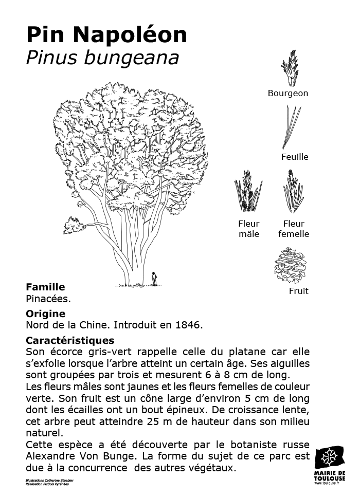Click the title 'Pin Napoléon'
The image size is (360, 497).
coord(106,34)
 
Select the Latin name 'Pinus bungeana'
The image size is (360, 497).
coord(102,58)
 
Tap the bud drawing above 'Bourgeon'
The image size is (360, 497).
coord(290,68)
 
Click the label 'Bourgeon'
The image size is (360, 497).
coord(288,93)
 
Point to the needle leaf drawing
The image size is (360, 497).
coord(292,127)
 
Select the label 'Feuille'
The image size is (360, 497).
coord(295,157)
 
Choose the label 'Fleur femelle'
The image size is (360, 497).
coord(294,229)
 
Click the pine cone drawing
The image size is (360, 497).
coord(291,265)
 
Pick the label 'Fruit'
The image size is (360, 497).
coord(298,291)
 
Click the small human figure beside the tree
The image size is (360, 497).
coord(154,279)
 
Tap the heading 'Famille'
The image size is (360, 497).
coord(45,287)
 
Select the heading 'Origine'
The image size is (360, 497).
coord(45,314)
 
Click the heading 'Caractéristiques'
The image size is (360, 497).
coord(70,340)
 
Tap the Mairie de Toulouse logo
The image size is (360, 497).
coord(330,465)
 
